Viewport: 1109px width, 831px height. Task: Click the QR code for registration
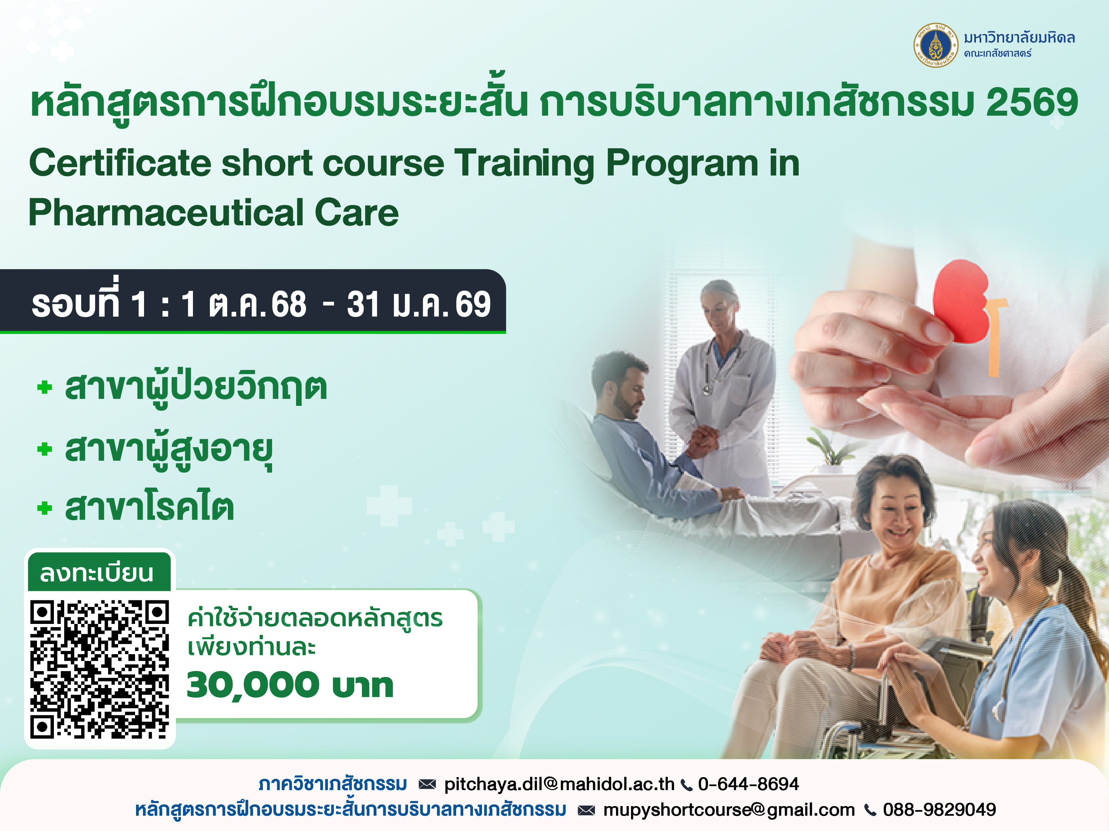(x=99, y=669)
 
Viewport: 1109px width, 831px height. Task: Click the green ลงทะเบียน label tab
(x=98, y=572)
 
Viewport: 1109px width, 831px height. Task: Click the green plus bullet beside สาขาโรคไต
(x=45, y=508)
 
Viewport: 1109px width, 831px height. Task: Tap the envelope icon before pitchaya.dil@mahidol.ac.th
(x=427, y=784)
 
